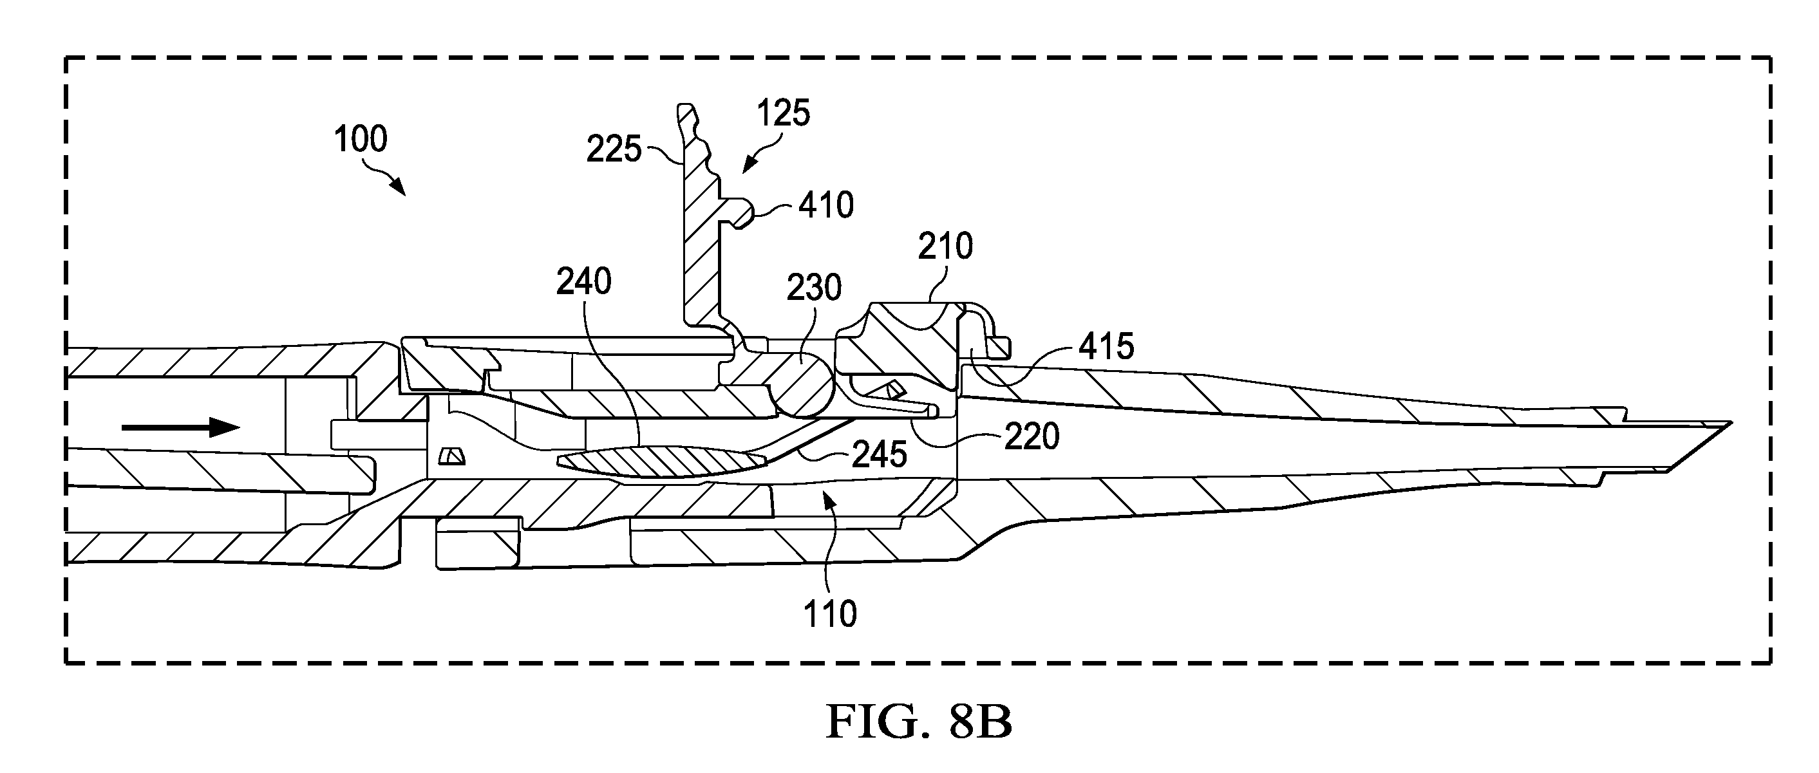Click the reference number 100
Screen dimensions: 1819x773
[360, 139]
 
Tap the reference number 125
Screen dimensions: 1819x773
[783, 113]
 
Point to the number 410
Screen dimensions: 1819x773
[826, 205]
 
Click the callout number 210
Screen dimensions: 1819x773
[945, 247]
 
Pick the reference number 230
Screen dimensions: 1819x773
[814, 288]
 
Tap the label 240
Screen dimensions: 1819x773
[583, 282]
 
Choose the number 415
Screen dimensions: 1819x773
[1106, 347]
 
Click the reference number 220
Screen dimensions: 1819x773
[1032, 437]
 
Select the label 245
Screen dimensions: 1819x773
[879, 455]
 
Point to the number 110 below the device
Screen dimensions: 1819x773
[831, 614]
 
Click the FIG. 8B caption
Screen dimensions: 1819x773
[919, 722]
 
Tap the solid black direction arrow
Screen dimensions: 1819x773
[181, 427]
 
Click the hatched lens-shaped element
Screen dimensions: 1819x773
[662, 462]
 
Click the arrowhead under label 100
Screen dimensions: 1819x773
[400, 187]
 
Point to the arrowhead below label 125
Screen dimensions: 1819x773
[748, 165]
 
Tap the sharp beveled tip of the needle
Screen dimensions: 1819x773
[1730, 423]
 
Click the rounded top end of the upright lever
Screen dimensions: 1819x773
[686, 109]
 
